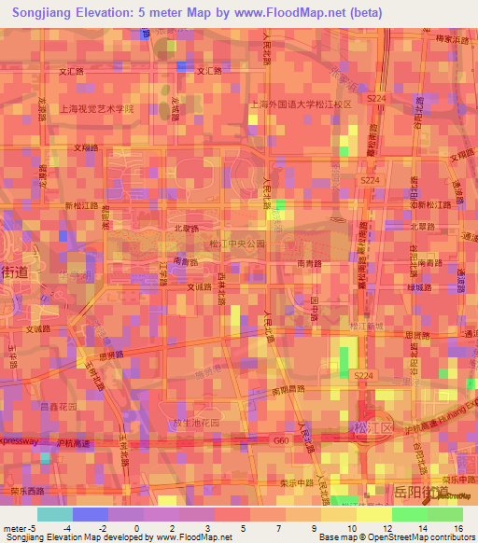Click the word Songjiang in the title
tap(48, 14)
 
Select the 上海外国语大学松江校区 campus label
tap(300, 105)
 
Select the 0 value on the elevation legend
tap(136, 529)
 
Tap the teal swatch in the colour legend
tap(54, 514)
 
